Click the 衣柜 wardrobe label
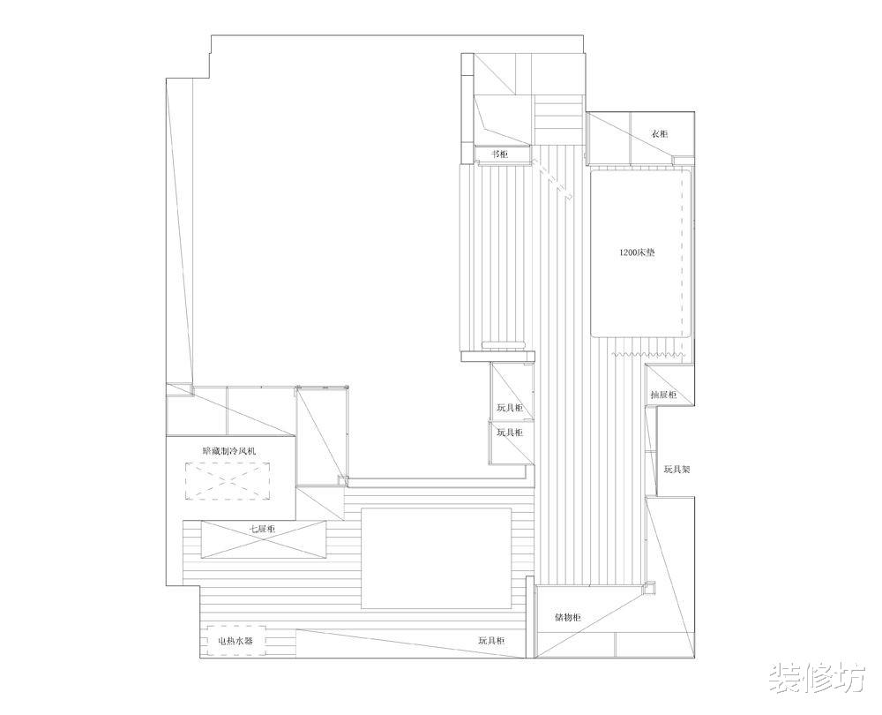pyautogui.click(x=659, y=134)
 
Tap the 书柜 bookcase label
pyautogui.click(x=500, y=154)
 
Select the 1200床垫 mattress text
pyautogui.click(x=637, y=252)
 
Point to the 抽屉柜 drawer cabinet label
pyautogui.click(x=663, y=395)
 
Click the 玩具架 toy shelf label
pyautogui.click(x=676, y=469)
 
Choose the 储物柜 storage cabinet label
pyautogui.click(x=568, y=617)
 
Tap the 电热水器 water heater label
pyautogui.click(x=235, y=641)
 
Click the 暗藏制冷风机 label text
pyautogui.click(x=229, y=451)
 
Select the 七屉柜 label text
pyautogui.click(x=263, y=530)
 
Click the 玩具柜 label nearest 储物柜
pyautogui.click(x=491, y=641)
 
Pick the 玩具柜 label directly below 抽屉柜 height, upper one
pyautogui.click(x=510, y=408)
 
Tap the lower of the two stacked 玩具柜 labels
pyautogui.click(x=510, y=433)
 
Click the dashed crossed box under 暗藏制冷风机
pyautogui.click(x=228, y=481)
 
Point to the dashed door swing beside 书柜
pyautogui.click(x=552, y=179)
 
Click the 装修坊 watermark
pyautogui.click(x=817, y=677)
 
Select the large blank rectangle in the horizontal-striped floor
pyautogui.click(x=436, y=559)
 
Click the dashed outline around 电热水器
pyautogui.click(x=235, y=641)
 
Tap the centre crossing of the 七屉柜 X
pyautogui.click(x=263, y=539)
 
